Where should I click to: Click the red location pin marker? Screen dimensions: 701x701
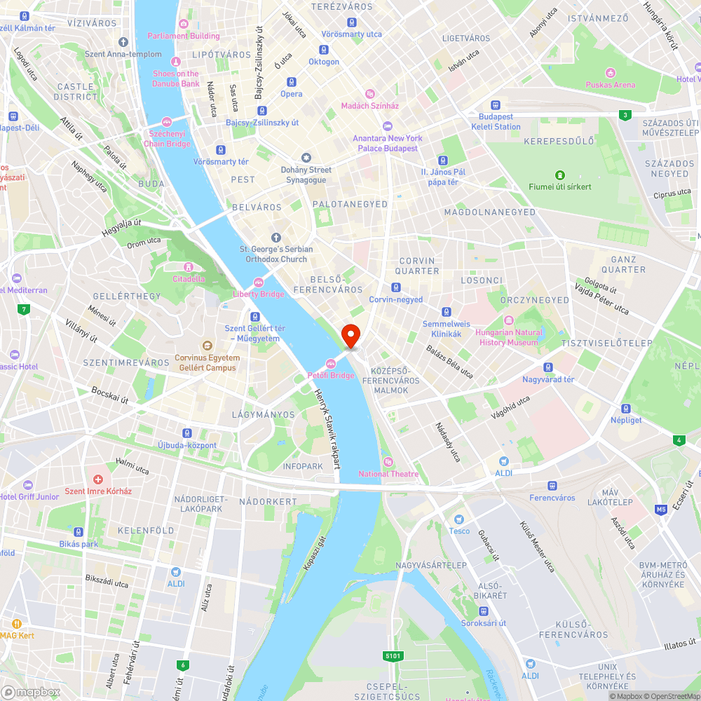point(350,335)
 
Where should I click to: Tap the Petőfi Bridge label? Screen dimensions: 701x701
point(331,375)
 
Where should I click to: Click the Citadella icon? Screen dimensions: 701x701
point(188,267)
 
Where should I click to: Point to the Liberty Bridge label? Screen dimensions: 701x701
point(259,294)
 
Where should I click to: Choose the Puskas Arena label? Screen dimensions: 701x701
point(611,85)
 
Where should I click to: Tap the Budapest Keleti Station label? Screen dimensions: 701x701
point(496,121)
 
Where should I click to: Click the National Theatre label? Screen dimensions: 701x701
point(388,474)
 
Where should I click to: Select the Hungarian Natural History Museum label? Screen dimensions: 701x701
point(509,337)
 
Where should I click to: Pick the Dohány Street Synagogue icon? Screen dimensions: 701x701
point(306,157)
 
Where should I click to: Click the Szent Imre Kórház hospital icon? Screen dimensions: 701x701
point(98,479)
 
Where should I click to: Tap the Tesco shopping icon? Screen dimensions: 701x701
point(459,519)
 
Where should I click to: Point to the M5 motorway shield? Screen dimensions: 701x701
point(661,510)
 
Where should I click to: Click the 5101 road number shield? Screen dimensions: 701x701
point(393,656)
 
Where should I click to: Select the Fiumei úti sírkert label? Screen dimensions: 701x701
point(560,186)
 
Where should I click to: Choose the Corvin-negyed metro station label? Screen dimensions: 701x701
point(396,299)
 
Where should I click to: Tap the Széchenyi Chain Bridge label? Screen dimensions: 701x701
point(167,139)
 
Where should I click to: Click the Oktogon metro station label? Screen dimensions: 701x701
point(324,62)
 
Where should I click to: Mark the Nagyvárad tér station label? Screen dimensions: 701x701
point(548,379)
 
